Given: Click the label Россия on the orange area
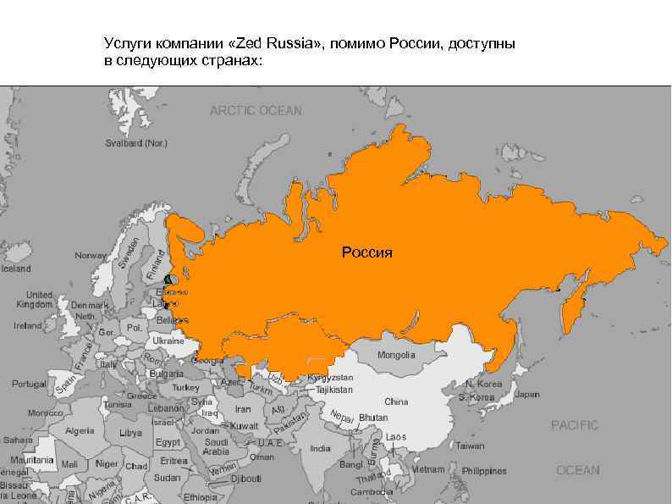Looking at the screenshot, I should tap(366, 252).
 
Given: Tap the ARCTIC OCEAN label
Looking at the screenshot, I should tap(256, 111).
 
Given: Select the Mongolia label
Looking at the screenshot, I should tap(396, 355).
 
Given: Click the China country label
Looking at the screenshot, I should tap(396, 402).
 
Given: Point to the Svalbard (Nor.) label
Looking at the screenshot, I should tap(136, 144).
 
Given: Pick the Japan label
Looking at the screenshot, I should tap(526, 394).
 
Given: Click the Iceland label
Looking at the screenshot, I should tap(15, 269).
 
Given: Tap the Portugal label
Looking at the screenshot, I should tap(29, 384).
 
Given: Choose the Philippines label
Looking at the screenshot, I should tap(484, 471).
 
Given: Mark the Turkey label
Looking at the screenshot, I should tap(185, 387).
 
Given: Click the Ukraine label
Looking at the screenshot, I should tap(168, 341).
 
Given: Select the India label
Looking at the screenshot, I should tap(320, 449).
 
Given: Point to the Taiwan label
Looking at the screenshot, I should tap(470, 446).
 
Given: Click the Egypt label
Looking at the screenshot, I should tap(168, 442).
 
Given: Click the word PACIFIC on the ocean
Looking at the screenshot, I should tap(574, 425).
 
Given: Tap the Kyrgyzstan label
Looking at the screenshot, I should tap(330, 377).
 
